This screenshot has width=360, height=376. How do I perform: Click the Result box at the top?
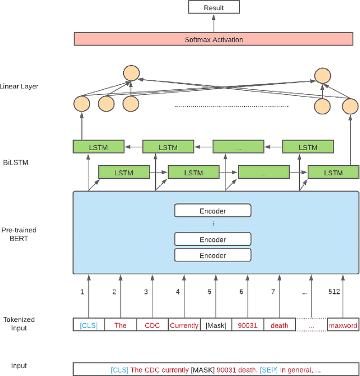(213, 8)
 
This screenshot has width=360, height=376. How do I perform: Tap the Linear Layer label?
(20, 87)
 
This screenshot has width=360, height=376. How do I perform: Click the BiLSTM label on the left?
(15, 162)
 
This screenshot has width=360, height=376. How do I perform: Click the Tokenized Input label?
(19, 323)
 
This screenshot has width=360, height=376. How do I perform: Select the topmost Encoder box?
(212, 211)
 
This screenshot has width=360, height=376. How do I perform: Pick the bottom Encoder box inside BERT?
(212, 255)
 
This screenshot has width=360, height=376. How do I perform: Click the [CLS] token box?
(88, 325)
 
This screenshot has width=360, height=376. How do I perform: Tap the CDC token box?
(152, 325)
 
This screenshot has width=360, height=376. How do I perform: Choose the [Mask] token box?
(217, 325)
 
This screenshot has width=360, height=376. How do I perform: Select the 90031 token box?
(248, 325)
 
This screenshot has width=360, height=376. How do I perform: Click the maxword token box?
(343, 325)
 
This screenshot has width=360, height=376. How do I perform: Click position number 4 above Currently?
(178, 292)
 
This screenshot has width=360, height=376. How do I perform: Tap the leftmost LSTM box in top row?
(98, 147)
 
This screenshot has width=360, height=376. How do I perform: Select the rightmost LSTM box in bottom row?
(333, 173)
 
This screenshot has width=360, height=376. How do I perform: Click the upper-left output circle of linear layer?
(132, 73)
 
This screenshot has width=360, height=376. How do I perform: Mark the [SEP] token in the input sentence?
(268, 369)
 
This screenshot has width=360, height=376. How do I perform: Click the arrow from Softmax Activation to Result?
(213, 23)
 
